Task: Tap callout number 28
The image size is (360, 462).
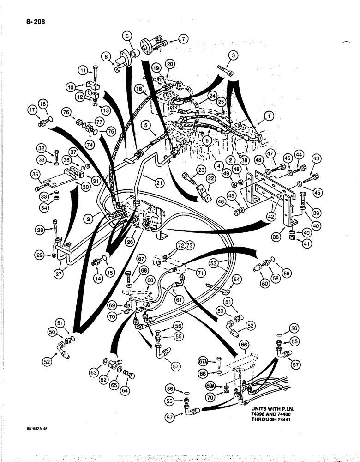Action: (42, 230)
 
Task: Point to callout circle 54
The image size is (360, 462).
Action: (237, 280)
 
